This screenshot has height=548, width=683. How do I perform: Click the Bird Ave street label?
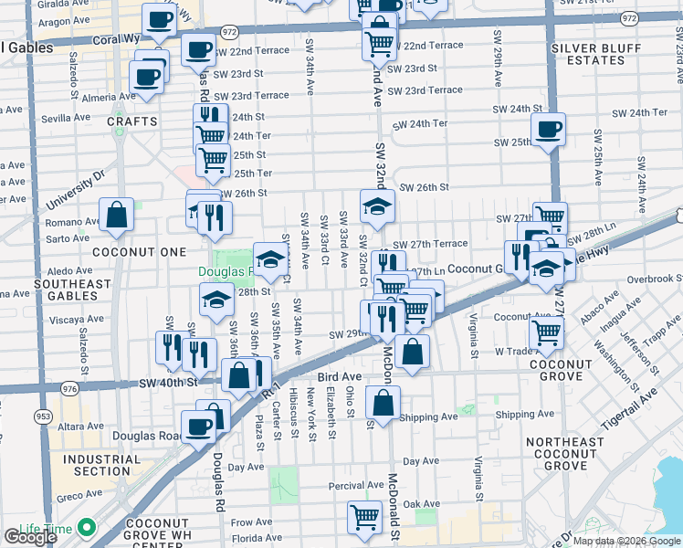coord(339,376)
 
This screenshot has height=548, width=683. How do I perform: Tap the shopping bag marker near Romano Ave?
coord(118,216)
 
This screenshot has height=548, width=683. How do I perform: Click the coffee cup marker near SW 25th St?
coord(548,130)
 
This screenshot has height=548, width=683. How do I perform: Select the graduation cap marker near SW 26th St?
coord(375,206)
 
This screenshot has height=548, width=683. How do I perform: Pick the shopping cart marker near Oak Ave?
coord(364,517)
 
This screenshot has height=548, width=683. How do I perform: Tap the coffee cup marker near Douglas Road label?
coord(198,427)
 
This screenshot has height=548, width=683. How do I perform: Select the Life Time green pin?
coord(87,527)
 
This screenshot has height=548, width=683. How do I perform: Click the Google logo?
coord(31,537)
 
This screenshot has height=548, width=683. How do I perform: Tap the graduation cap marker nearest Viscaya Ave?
coord(216,299)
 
